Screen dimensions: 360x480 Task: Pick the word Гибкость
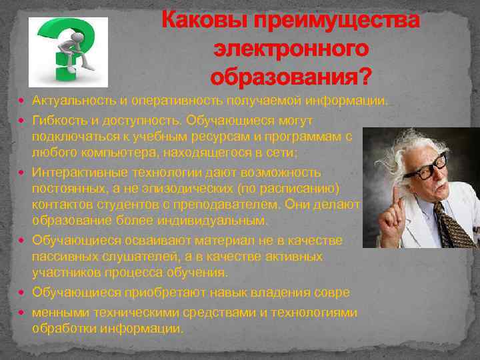58,120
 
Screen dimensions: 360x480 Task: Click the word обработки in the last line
61,328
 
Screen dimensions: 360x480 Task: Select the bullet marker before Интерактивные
24,172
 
